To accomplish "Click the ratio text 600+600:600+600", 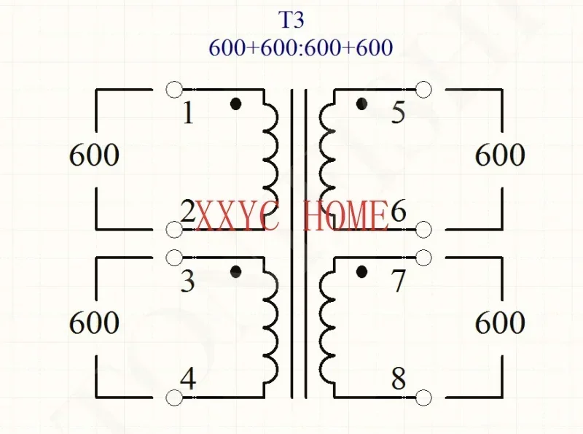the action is (300, 48).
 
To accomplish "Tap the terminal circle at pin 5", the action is (423, 90).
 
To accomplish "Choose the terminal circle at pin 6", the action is (423, 230).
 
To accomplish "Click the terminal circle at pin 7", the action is (423, 257).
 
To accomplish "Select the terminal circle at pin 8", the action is (423, 398).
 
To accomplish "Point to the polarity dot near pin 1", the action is (235, 104).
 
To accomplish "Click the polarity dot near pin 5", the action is (361, 104).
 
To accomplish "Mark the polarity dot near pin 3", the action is (235, 272).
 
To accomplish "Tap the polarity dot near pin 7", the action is (361, 272).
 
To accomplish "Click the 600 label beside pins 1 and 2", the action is (94, 155).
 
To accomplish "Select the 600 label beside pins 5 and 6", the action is (500, 155).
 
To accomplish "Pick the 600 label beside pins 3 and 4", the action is (94, 323).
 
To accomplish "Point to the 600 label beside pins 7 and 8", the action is (500, 323).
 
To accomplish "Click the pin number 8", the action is (399, 380).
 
